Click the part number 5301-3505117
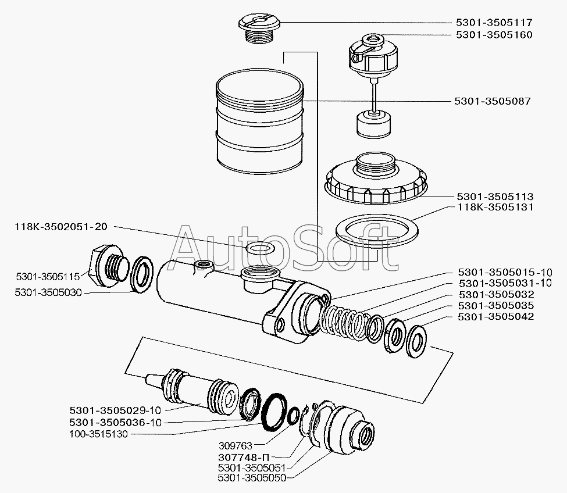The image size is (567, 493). tap(494, 23)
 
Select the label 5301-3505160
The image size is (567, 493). tap(494, 35)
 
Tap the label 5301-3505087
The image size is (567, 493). tap(493, 101)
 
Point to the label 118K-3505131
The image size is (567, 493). tap(495, 208)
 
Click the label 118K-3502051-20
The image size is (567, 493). tap(61, 227)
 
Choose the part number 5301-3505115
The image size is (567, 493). tap(48, 277)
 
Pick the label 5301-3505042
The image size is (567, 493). tap(496, 317)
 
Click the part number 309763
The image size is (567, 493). tap(236, 445)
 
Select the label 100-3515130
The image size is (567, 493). tap(98, 434)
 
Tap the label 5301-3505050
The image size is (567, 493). tap(252, 478)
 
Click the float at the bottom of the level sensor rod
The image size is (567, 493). tap(374, 124)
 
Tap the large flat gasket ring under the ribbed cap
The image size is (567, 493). tap(377, 230)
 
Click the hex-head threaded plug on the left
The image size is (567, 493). tap(108, 266)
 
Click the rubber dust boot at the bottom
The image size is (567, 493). tap(342, 427)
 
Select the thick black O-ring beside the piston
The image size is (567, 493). tap(275, 412)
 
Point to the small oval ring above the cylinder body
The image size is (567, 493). tap(259, 249)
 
